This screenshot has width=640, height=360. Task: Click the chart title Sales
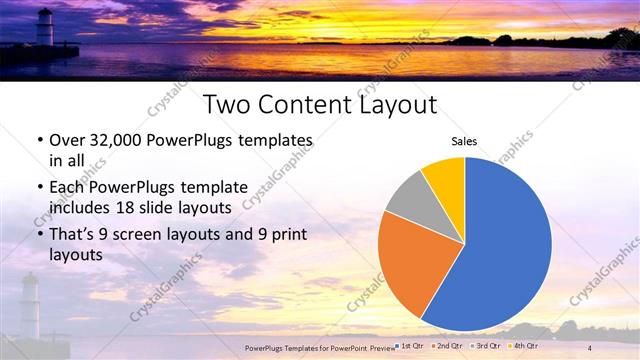(x=464, y=142)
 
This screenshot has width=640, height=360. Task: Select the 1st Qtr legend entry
(x=410, y=346)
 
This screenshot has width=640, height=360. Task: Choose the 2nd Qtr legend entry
(x=446, y=346)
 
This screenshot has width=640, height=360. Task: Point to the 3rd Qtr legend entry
(x=484, y=346)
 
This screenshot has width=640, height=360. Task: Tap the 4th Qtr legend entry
(x=522, y=346)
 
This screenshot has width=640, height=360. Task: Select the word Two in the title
(x=228, y=105)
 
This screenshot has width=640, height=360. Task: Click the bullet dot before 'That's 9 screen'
(x=38, y=235)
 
